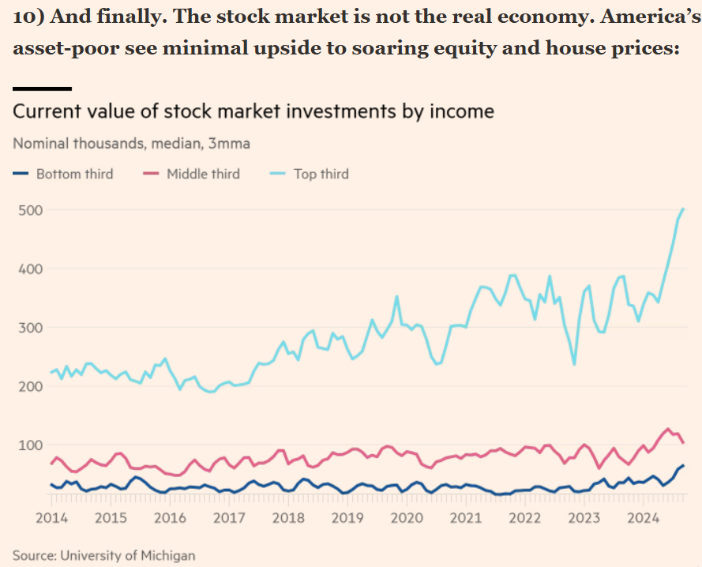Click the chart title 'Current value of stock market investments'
pyautogui.click(x=253, y=111)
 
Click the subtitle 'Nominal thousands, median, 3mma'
pyautogui.click(x=131, y=144)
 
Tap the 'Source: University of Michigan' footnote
pyautogui.click(x=103, y=555)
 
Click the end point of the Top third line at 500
pyautogui.click(x=683, y=208)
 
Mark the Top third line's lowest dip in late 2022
pyautogui.click(x=574, y=364)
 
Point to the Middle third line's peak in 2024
pyautogui.click(x=668, y=429)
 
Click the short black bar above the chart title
pyautogui.click(x=42, y=88)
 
